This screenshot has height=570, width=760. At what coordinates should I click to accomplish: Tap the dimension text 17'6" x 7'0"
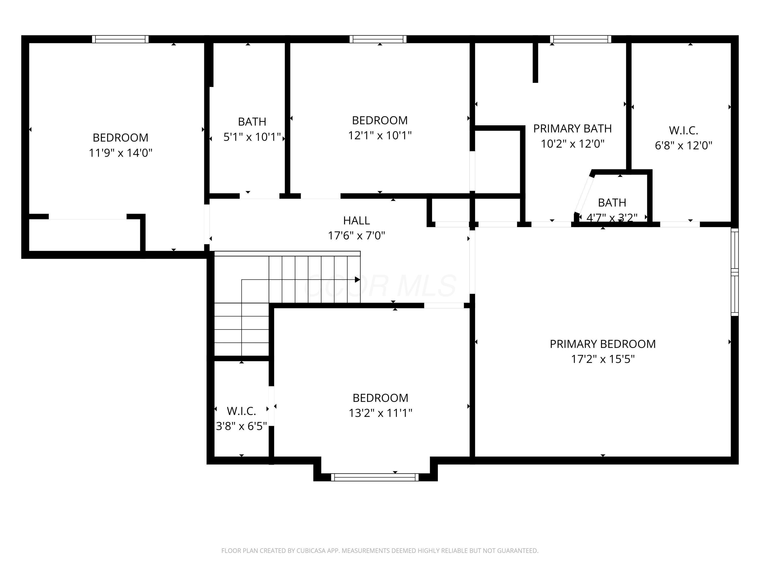pyautogui.click(x=356, y=236)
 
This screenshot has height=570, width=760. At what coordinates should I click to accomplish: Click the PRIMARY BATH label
pyautogui.click(x=572, y=128)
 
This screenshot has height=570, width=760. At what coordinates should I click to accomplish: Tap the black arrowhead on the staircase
pyautogui.click(x=357, y=280)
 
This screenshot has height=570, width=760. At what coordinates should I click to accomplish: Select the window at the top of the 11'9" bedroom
pyautogui.click(x=120, y=39)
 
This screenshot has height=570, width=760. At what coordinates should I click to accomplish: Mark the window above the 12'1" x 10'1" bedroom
pyautogui.click(x=378, y=39)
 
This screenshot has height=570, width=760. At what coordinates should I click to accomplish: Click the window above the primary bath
pyautogui.click(x=580, y=39)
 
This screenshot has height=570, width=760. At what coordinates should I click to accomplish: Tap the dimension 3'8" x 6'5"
pyautogui.click(x=241, y=426)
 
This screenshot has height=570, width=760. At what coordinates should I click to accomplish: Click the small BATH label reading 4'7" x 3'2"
pyautogui.click(x=612, y=203)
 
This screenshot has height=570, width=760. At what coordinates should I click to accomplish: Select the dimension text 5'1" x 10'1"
pyautogui.click(x=252, y=137)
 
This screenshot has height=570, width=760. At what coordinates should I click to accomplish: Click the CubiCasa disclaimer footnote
pyautogui.click(x=380, y=551)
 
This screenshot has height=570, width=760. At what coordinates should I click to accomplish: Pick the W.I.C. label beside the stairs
pyautogui.click(x=241, y=411)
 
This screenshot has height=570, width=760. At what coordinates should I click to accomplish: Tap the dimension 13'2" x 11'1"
pyautogui.click(x=380, y=413)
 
